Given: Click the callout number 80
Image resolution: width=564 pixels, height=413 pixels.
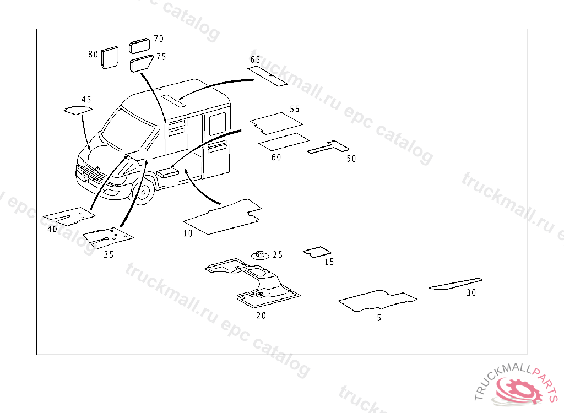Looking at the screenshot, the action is tap(93, 54).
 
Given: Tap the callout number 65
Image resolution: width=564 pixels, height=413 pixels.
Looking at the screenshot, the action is tap(255, 59).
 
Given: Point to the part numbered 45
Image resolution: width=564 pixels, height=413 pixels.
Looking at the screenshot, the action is tap(77, 110).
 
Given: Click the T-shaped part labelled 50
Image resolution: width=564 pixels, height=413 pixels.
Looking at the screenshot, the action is tap(328, 147).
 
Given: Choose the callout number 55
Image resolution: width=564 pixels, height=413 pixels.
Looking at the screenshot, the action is tap(295, 109).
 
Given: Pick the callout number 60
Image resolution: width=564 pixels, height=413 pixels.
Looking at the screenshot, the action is tap(276, 157).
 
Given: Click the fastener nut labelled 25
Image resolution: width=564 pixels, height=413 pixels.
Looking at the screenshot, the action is tap(259, 254).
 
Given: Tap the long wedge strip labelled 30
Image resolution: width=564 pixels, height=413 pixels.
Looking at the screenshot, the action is tap(455, 284).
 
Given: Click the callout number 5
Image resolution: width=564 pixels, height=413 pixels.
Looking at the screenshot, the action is tap(379, 318).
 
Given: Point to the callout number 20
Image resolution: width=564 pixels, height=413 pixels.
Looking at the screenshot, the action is tap(261, 316).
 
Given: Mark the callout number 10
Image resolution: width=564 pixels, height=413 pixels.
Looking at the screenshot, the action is tap(188, 233).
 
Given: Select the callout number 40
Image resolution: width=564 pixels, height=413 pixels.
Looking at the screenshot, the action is tap(52, 229).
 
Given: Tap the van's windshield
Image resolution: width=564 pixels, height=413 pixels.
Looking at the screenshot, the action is tap(127, 131).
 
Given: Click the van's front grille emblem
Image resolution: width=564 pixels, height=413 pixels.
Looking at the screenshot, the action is tap(96, 170).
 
